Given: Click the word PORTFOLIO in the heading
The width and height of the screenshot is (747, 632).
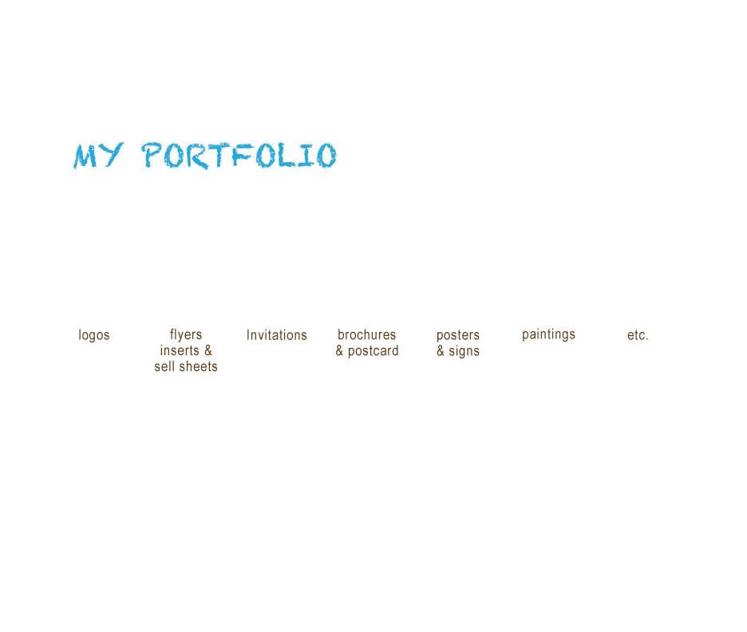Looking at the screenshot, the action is click(239, 156).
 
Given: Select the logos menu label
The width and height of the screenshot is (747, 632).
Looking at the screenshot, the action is click(94, 335).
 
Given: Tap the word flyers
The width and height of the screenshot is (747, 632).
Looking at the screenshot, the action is click(186, 335).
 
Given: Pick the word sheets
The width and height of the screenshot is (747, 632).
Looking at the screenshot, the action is click(197, 367).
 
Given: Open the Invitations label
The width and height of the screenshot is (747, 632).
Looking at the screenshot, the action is click(277, 335).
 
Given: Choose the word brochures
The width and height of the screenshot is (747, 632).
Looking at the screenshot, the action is click(367, 335).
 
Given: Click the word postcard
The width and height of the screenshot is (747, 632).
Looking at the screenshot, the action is click(373, 351).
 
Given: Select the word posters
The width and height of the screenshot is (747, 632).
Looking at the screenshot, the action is click(458, 335).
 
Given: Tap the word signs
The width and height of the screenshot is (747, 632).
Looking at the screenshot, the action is click(464, 351).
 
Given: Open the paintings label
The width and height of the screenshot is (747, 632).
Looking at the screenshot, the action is click(549, 334).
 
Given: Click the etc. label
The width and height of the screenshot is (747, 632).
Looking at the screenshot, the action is click(638, 335).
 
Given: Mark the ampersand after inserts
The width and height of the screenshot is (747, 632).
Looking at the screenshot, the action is click(208, 351).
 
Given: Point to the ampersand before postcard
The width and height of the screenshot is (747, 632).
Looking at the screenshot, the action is click(340, 351).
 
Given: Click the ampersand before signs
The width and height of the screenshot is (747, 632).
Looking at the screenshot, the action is click(441, 351).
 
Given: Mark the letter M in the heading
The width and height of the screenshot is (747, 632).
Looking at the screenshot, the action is click(86, 156).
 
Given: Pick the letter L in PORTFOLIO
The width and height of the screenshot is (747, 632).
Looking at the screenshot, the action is click(294, 156).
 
